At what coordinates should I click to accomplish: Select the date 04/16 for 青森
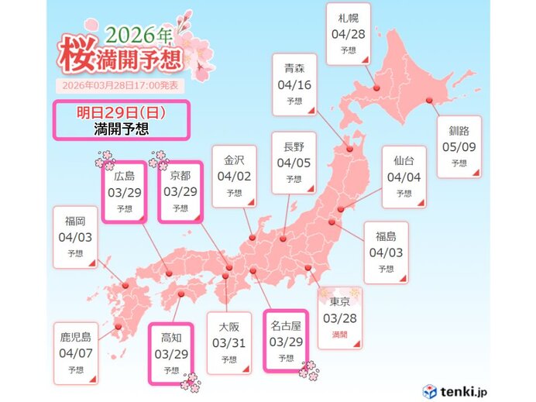pos(293,84)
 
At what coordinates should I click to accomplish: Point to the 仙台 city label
pos(404,160)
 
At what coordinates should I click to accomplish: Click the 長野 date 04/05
pos(293,163)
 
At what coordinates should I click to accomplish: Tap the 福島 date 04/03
pos(386,253)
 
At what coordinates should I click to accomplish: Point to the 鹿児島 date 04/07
pos(76,352)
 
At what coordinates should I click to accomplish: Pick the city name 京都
pos(180,176)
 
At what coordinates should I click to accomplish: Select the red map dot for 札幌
pos(376,88)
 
